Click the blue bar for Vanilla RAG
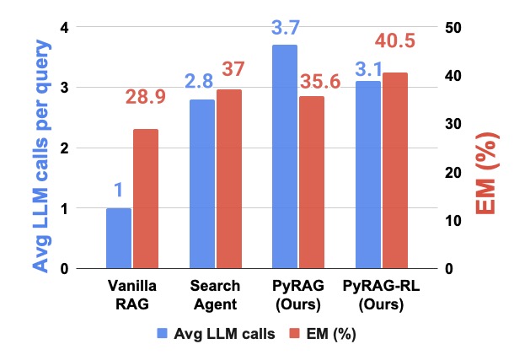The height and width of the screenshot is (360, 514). point(119,239)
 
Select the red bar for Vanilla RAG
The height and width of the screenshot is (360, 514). point(146,199)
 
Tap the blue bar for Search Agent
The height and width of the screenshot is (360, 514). point(202,184)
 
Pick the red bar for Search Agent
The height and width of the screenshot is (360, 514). point(229,179)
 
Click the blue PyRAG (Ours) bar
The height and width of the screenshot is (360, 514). point(285,157)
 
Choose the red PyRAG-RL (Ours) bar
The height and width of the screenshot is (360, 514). point(395,170)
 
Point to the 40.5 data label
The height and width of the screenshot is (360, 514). point(395,41)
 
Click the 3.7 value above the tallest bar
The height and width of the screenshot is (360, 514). point(285,28)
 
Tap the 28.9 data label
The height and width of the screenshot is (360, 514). point(146,97)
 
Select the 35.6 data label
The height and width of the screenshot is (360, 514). point(320,81)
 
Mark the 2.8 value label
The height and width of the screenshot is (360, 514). point(199,81)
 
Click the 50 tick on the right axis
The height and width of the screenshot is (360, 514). point(453,28)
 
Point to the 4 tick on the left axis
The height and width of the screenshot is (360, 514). point(65,28)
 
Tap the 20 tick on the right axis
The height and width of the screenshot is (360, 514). point(453,173)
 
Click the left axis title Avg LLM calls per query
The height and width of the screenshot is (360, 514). point(41,157)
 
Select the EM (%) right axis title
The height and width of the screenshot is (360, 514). point(487,174)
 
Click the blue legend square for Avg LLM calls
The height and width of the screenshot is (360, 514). point(162,333)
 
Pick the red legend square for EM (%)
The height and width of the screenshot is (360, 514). point(294,333)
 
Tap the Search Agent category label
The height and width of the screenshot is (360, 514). point(215,295)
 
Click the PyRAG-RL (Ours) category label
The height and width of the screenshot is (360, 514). point(381,295)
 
